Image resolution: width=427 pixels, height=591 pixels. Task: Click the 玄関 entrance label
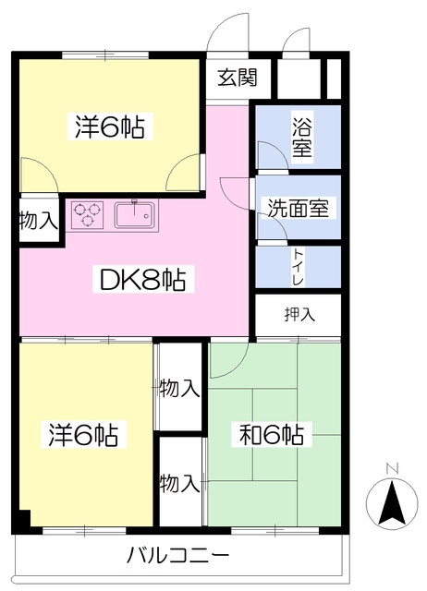[x=238, y=78]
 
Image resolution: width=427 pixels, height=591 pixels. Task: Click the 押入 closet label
[x=299, y=314]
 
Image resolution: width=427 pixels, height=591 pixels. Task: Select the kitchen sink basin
[x=135, y=216]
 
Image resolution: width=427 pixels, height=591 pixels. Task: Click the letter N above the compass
[x=392, y=468]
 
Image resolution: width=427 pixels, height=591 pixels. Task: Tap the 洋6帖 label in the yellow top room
[x=109, y=127]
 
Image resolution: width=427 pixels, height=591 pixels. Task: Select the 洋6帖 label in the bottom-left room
[x=83, y=434]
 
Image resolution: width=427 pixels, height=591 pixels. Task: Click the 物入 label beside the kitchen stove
[x=40, y=221]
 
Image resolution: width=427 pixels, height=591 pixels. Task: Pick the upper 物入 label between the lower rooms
[x=179, y=388]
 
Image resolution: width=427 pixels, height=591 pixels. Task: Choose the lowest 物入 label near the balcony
[x=179, y=482]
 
